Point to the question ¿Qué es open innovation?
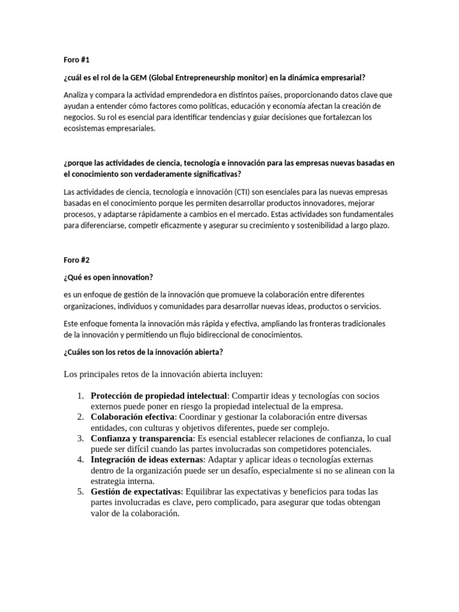[108, 277]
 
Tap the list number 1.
[81, 396]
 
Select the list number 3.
[81, 439]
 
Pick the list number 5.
[81, 492]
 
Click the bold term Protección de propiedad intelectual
[159, 396]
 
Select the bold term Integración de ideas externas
[147, 460]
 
